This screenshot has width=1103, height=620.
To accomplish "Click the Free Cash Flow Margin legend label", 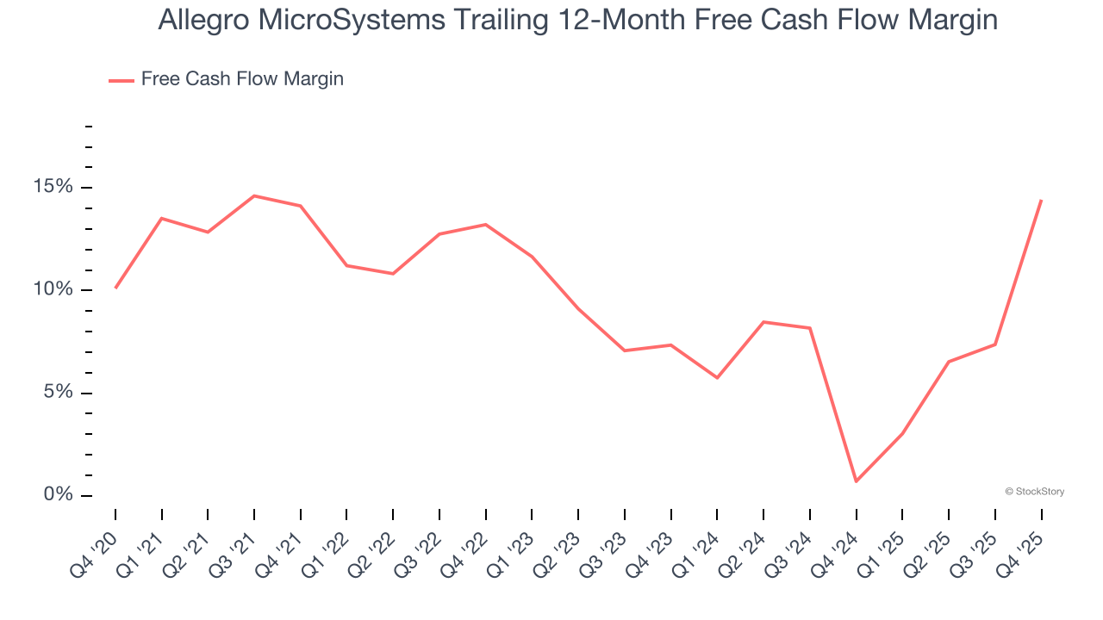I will pos(242,79).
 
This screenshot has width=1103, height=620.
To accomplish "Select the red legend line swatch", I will pos(121,80).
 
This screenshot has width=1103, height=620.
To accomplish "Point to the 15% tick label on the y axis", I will pos(53,188).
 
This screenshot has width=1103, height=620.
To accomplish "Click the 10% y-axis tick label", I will pos(53,290).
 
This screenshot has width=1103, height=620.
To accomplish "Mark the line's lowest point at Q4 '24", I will pos(857,481).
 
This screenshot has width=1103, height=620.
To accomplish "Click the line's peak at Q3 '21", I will pos(254,195).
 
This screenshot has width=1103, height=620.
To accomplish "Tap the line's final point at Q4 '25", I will pos(1042,200).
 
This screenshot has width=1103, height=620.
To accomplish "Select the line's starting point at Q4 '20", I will pos(115,288).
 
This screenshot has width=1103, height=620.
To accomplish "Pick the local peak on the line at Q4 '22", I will pos(486,225).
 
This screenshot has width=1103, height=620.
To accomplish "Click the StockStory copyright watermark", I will pos(1035,492).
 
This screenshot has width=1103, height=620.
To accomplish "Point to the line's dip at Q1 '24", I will pos(717,378).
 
